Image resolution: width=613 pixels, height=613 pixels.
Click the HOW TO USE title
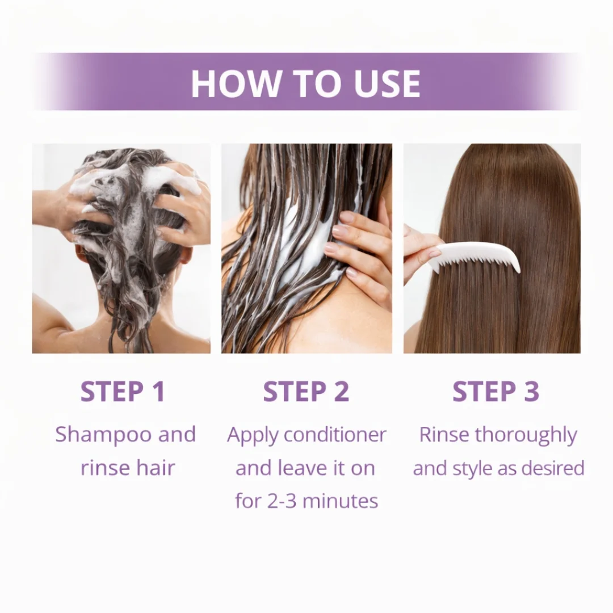305,83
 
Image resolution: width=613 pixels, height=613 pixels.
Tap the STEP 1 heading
123,392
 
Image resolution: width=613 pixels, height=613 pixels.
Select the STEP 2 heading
306,392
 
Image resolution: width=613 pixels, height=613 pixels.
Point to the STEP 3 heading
496,392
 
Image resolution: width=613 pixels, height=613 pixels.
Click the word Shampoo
103,435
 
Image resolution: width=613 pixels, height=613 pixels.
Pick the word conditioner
335,435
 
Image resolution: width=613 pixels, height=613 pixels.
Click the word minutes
343,501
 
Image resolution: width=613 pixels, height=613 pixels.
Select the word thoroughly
526,435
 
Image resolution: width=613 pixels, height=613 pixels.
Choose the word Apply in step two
253,435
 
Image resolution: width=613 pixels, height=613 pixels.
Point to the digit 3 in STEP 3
530,392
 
